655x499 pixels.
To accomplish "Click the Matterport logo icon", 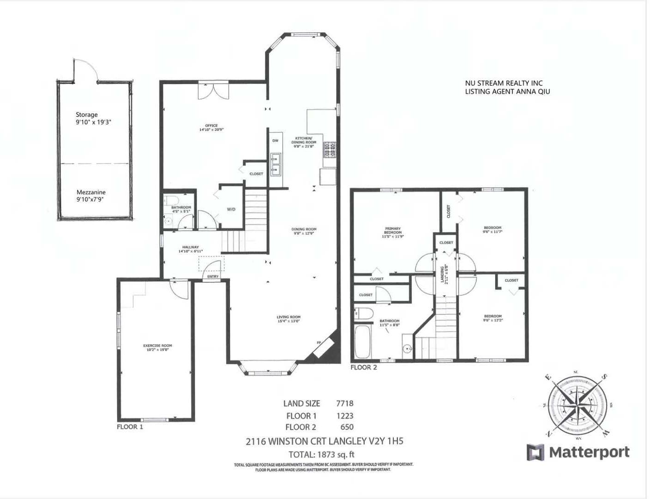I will coord(535,452).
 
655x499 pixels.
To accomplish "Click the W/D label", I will coord(231,209).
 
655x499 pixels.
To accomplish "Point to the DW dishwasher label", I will coord(276,140).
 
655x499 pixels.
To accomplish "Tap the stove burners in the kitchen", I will coord(330,148).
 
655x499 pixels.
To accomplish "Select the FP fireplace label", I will coord(318,343).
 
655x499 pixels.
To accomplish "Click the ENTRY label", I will coord(213,276).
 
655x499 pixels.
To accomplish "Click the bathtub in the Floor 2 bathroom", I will coord(361,342).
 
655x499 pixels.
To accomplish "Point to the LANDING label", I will coord(443,274).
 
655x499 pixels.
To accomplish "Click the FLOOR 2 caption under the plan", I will coord(364,368).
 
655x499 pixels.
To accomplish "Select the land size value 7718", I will coord(344,403).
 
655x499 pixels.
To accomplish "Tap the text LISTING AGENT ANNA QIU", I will coord(507,91).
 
